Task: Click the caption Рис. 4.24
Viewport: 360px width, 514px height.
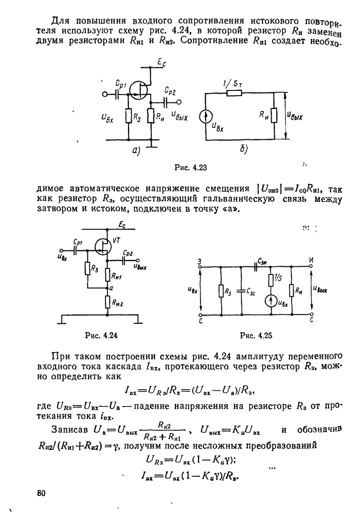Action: pos(101,337)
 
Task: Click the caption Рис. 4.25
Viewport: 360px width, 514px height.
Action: pos(256,337)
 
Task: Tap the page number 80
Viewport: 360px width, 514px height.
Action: pos(42,494)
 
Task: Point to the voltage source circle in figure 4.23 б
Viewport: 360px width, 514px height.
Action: pos(205,118)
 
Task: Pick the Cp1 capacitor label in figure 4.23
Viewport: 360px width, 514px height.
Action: pos(122,82)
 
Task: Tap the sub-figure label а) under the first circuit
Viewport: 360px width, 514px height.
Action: pos(136,151)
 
